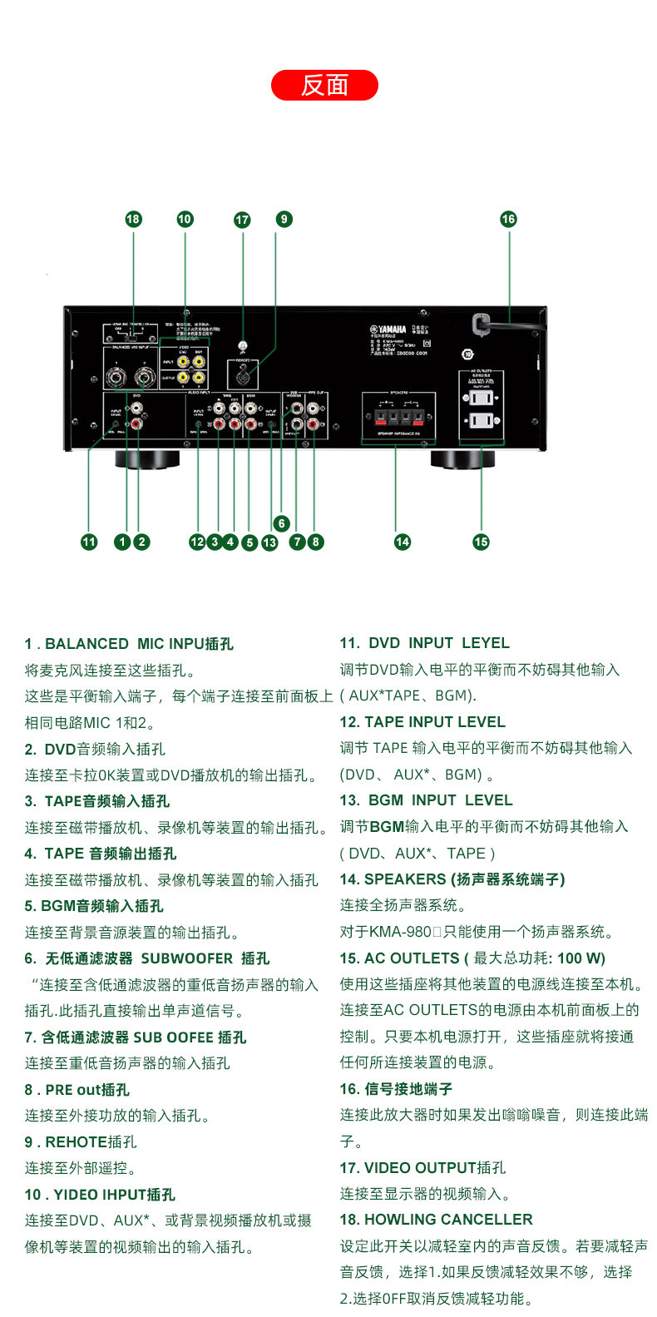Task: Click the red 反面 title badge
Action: click(324, 86)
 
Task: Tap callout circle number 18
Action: click(133, 219)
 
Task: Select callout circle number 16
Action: click(508, 219)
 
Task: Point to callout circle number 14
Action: click(403, 542)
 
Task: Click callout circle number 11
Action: click(89, 542)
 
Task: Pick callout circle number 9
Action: click(284, 219)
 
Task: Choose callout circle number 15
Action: click(481, 542)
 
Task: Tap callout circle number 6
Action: click(282, 523)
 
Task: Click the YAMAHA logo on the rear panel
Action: click(388, 329)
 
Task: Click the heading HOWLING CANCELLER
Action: click(437, 1220)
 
